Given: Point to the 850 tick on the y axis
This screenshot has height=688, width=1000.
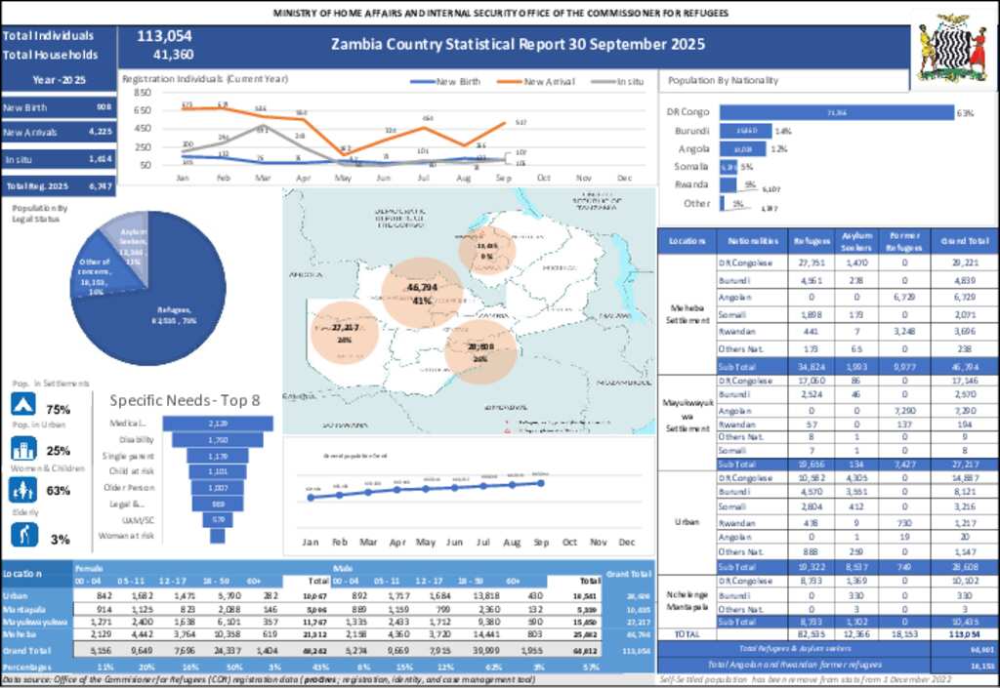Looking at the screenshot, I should pos(142,93).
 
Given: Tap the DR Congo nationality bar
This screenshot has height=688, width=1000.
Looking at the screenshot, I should pos(836,112).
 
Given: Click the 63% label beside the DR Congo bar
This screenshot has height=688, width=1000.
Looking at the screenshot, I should pos(965,112).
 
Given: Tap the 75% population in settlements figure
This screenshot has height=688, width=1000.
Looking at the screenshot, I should pos(59,409).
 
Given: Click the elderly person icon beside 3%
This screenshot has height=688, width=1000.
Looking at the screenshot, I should pos(23,535).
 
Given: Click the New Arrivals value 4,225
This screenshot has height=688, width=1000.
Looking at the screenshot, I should pos(100,132).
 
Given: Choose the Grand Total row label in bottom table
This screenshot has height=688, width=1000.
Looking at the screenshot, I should pos(27,648).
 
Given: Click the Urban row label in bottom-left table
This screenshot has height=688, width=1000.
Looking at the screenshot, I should pos(15,594).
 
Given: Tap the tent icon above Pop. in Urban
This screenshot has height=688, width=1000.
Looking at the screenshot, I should pos(23,405).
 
